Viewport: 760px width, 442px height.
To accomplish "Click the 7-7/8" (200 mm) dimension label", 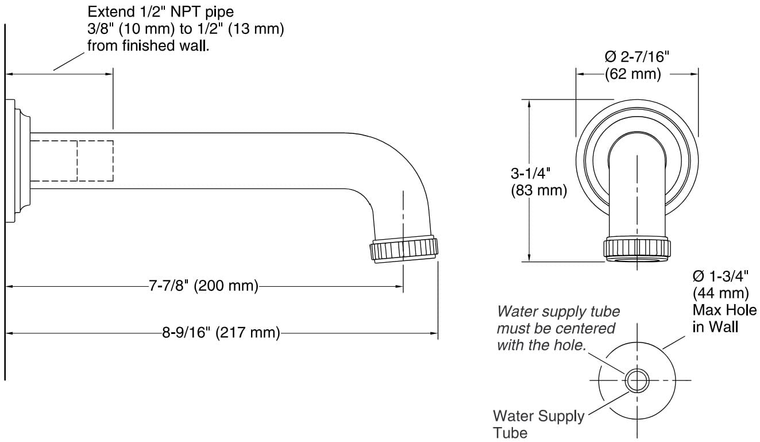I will coord(203,286).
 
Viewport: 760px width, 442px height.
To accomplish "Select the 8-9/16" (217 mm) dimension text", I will coord(221,333).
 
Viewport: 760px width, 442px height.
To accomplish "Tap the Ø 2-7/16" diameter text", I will coord(638,57).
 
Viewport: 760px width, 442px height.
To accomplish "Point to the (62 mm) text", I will coord(632,74).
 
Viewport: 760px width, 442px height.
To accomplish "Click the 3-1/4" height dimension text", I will coord(531,173).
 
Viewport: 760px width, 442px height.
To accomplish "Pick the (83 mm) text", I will coord(539,191).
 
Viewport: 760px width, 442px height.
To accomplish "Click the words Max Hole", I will coord(724,310).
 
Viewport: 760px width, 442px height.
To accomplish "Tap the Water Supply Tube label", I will coord(538,424).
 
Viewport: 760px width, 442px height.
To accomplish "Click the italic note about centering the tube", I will coord(558,328).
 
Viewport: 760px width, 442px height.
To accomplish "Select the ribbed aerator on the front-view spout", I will coord(637,248).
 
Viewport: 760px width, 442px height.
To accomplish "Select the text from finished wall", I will coord(148,46).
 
